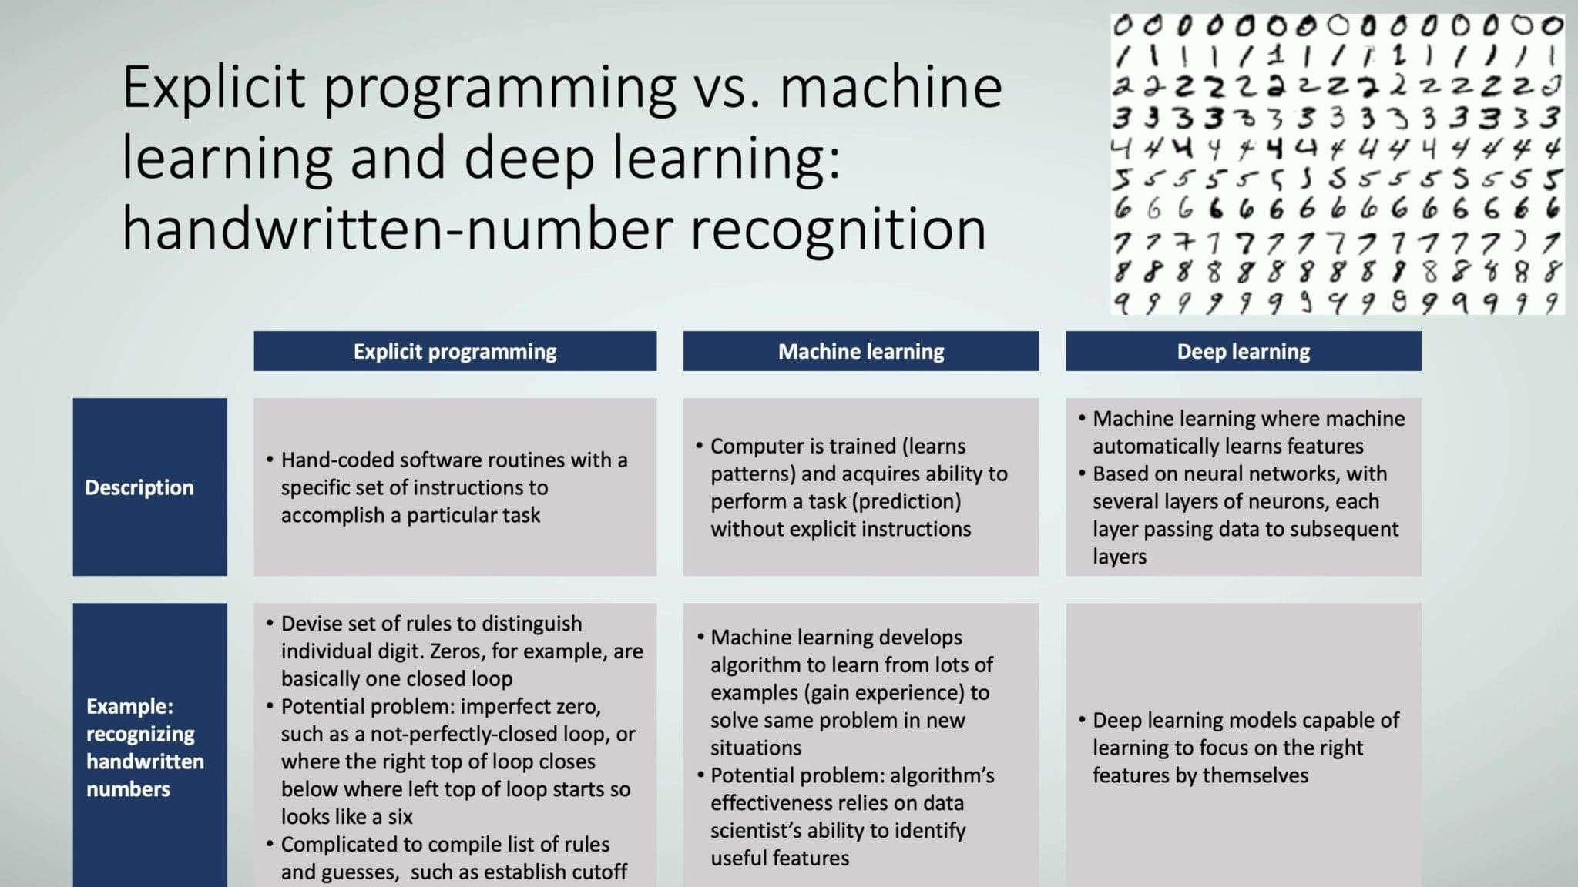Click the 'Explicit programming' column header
coord(455,351)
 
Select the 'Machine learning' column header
coord(861,351)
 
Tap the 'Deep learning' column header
coord(1244,351)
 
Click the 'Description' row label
coord(139,487)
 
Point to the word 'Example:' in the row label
coord(129,706)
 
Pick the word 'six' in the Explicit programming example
coord(401,816)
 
